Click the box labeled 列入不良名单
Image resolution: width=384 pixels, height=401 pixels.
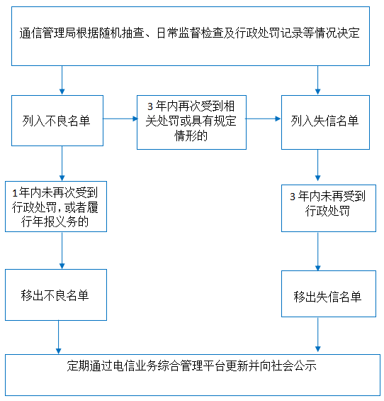pos(57,121)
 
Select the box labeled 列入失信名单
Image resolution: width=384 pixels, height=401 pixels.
pos(325,122)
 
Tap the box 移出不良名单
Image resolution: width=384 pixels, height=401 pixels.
pos(56,295)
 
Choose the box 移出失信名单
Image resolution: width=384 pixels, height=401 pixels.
pos(329,294)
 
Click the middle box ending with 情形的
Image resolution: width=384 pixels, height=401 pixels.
pos(191,122)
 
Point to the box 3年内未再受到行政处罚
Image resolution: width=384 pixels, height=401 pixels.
pos(329,208)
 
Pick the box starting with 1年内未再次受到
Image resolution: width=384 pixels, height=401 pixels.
pos(56,207)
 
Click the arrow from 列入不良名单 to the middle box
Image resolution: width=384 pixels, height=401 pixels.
pos(120,119)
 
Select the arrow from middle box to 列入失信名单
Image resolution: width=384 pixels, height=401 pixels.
pos(264,119)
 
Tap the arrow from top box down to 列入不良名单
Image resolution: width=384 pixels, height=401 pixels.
pos(62,80)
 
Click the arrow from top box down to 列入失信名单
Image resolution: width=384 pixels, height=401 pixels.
pos(318,80)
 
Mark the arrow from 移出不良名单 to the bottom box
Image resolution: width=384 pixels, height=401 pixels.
pos(59,337)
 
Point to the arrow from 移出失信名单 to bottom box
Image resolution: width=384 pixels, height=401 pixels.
pos(318,334)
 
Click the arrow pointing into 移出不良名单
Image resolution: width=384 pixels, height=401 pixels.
pos(62,251)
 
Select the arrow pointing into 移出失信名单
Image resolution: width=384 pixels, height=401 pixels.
pos(318,251)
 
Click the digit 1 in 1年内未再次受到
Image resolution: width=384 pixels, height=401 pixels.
pos(15,193)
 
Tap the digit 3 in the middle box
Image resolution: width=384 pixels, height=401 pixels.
pos(150,106)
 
